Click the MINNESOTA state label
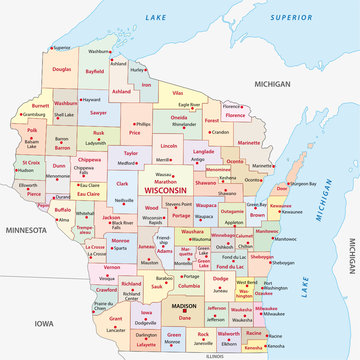click(27, 229)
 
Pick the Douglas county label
click(62, 69)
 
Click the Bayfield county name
click(94, 72)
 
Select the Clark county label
click(123, 184)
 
